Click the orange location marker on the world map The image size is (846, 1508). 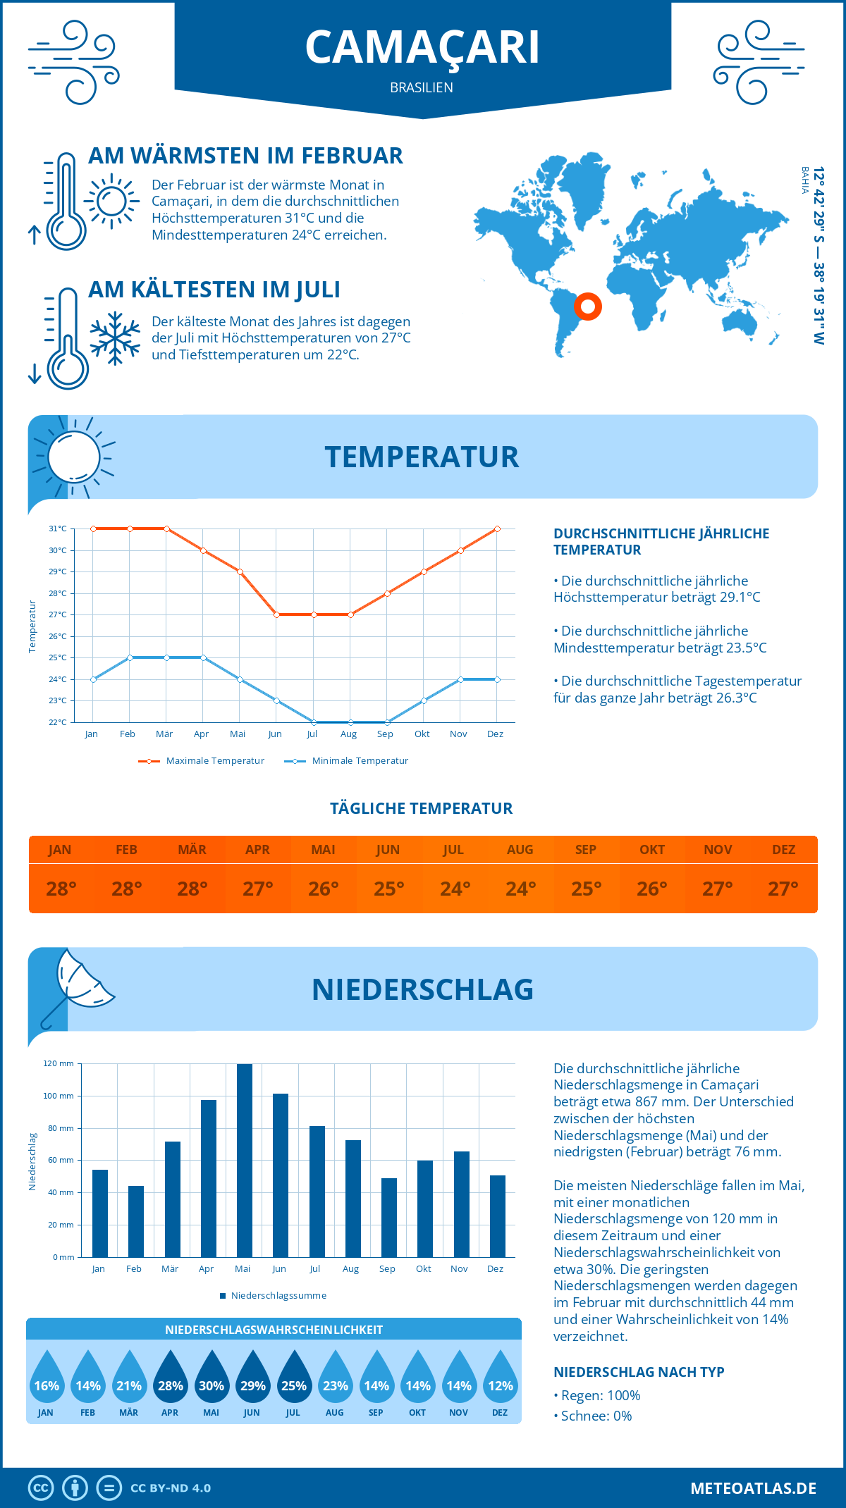click(587, 307)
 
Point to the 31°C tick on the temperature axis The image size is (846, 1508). click(58, 529)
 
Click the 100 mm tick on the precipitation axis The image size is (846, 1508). click(59, 1096)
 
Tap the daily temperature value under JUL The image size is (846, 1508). click(455, 889)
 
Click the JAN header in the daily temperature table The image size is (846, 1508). click(60, 850)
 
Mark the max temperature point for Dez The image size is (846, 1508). click(497, 529)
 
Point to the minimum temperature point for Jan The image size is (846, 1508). click(93, 679)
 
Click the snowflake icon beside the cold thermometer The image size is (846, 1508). click(115, 338)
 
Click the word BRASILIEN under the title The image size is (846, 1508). click(422, 87)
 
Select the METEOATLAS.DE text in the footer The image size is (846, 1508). click(753, 1488)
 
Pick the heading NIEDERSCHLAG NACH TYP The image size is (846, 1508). click(639, 1372)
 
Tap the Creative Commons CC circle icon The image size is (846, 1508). click(41, 1488)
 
